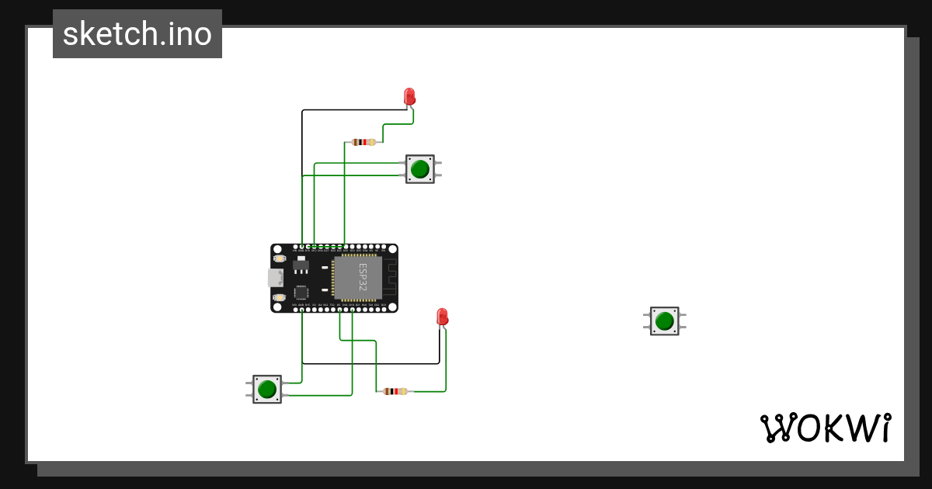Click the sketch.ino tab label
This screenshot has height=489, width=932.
point(137,34)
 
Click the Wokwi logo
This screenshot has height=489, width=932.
point(825,428)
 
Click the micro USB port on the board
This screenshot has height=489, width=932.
point(276,278)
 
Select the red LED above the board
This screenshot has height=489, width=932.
point(410,96)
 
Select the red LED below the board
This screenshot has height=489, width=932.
point(443,317)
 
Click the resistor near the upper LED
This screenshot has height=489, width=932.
point(363,142)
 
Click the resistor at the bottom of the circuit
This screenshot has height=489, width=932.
point(395,391)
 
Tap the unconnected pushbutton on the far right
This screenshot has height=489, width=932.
point(664,321)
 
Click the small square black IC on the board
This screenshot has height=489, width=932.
point(301,293)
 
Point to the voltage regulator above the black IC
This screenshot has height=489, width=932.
point(301,267)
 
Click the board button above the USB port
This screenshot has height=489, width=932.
point(280,258)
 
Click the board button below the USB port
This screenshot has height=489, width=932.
point(280,297)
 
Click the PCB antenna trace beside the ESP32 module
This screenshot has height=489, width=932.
point(390,278)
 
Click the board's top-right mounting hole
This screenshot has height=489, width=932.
point(391,250)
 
